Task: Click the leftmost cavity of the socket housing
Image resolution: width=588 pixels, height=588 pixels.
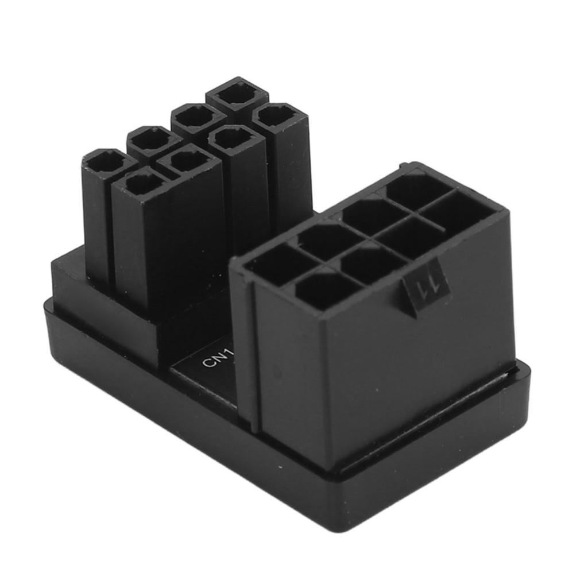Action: pyautogui.click(x=274, y=265)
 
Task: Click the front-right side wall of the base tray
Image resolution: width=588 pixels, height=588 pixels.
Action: pyautogui.click(x=436, y=459)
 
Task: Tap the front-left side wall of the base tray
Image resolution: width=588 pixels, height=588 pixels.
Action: pyautogui.click(x=172, y=419)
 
